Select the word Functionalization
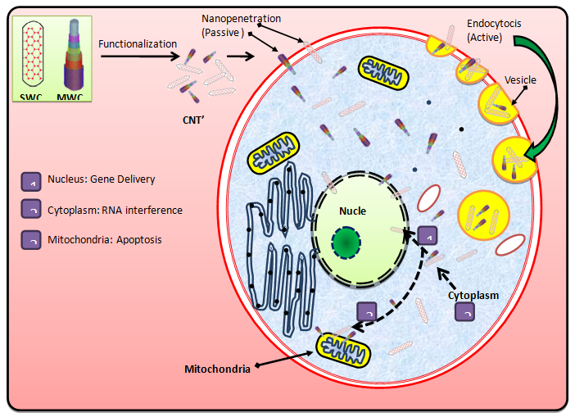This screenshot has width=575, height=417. [x=138, y=43]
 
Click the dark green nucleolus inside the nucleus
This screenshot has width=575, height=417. [x=347, y=243]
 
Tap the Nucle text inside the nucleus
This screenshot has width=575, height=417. [x=353, y=211]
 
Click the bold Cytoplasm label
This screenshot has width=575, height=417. [x=473, y=292]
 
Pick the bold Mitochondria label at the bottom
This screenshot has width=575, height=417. [x=218, y=369]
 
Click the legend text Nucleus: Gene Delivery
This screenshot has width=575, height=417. [x=101, y=179]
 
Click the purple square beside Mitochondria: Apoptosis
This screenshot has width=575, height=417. [x=31, y=241]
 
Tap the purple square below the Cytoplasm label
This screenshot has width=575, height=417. [x=464, y=311]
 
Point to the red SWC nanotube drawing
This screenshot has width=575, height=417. [x=31, y=53]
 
